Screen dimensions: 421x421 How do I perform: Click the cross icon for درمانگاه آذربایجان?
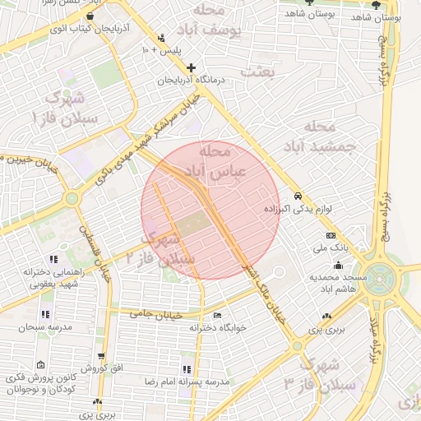coord(191,67)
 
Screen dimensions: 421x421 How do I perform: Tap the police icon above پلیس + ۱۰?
coord(161,38)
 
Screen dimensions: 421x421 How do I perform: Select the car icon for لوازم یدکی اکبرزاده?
coord(298,197)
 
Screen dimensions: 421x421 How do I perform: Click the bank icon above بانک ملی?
coord(331,236)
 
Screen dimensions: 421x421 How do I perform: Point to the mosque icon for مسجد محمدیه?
coord(338,265)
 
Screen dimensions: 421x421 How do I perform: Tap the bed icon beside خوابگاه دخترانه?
coord(217,315)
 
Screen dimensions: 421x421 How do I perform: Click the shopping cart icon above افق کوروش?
coord(101,357)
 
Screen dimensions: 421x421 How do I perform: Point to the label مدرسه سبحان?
coord(45,326)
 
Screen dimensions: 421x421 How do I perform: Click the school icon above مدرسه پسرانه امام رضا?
coord(186,369)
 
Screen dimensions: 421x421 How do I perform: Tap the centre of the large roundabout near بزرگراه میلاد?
coord(381,277)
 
